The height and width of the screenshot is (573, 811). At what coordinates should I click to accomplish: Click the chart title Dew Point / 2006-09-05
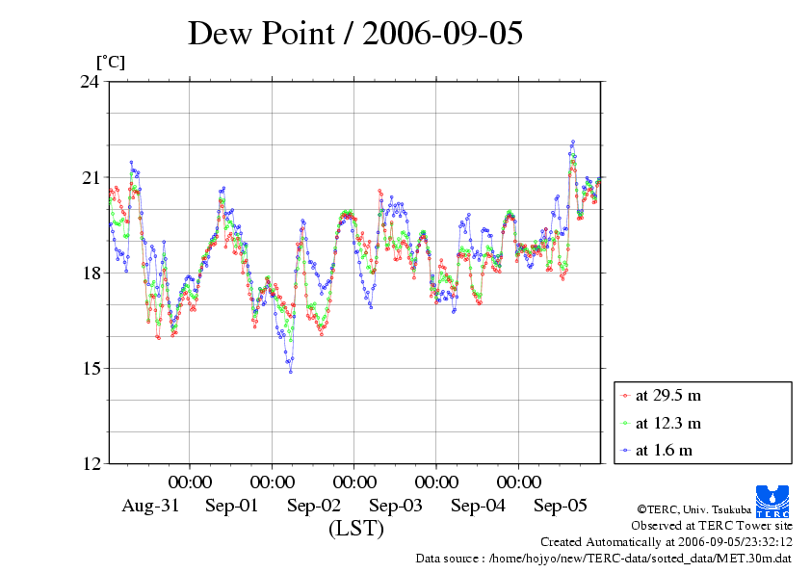(x=355, y=33)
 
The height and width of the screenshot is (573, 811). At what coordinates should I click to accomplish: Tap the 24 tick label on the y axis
(x=90, y=82)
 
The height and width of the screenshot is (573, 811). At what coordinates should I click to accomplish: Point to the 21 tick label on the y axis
(x=90, y=177)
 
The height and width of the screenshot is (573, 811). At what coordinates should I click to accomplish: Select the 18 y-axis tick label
(x=90, y=273)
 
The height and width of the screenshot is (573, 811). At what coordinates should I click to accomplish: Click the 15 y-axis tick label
(x=90, y=368)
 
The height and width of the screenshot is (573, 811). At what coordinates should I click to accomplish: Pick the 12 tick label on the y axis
(x=90, y=463)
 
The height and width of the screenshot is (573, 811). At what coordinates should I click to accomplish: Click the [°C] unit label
(x=109, y=63)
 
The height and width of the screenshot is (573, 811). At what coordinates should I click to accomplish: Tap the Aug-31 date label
(x=150, y=506)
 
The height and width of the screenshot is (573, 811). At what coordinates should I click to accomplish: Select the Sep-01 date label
(x=232, y=506)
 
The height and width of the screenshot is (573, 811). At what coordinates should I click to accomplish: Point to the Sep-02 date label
(x=314, y=506)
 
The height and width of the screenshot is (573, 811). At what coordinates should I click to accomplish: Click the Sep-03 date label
(x=396, y=506)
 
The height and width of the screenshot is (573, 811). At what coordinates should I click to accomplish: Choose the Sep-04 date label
(x=478, y=506)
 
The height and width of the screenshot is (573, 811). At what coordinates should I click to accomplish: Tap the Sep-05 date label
(x=560, y=506)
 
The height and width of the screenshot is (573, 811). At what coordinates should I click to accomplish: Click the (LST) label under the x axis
(x=356, y=529)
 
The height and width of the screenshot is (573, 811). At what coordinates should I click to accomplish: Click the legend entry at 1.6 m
(x=664, y=450)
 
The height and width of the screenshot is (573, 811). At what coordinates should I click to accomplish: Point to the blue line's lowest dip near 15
(x=290, y=371)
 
